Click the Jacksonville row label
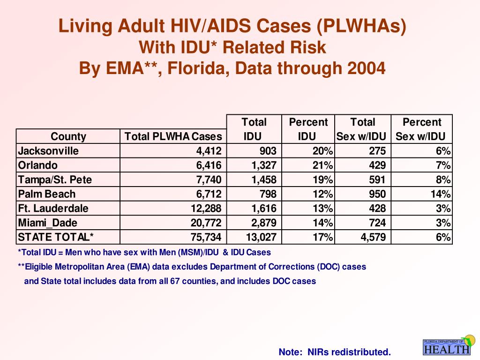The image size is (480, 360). point(48,151)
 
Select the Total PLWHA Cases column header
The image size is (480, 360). point(173,136)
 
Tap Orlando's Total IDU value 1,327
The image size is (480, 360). point(264,165)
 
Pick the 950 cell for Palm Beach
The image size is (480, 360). point(377,194)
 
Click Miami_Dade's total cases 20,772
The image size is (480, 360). point(206,223)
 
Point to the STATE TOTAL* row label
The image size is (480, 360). point(56,237)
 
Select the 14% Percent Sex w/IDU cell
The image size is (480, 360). point(441,194)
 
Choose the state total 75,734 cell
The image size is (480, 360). point(206,237)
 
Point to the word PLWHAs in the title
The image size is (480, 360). point(361,26)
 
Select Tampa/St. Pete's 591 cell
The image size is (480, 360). point(377,180)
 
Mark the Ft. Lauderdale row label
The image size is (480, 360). point(53,209)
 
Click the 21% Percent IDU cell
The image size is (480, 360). point(322,165)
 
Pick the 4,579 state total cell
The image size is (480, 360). point(373,237)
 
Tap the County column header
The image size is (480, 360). point(68,136)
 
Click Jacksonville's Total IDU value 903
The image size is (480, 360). point(268,151)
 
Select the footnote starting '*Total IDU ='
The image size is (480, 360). point(144,252)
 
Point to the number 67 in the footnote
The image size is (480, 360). point(174,281)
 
